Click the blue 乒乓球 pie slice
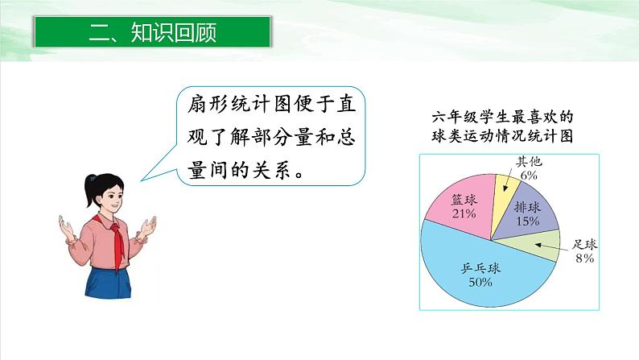tap(483, 278)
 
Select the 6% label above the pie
tap(529, 173)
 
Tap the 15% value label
tap(528, 221)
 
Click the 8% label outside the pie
tap(584, 258)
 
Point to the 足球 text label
tap(583, 244)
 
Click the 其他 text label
tap(528, 161)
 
